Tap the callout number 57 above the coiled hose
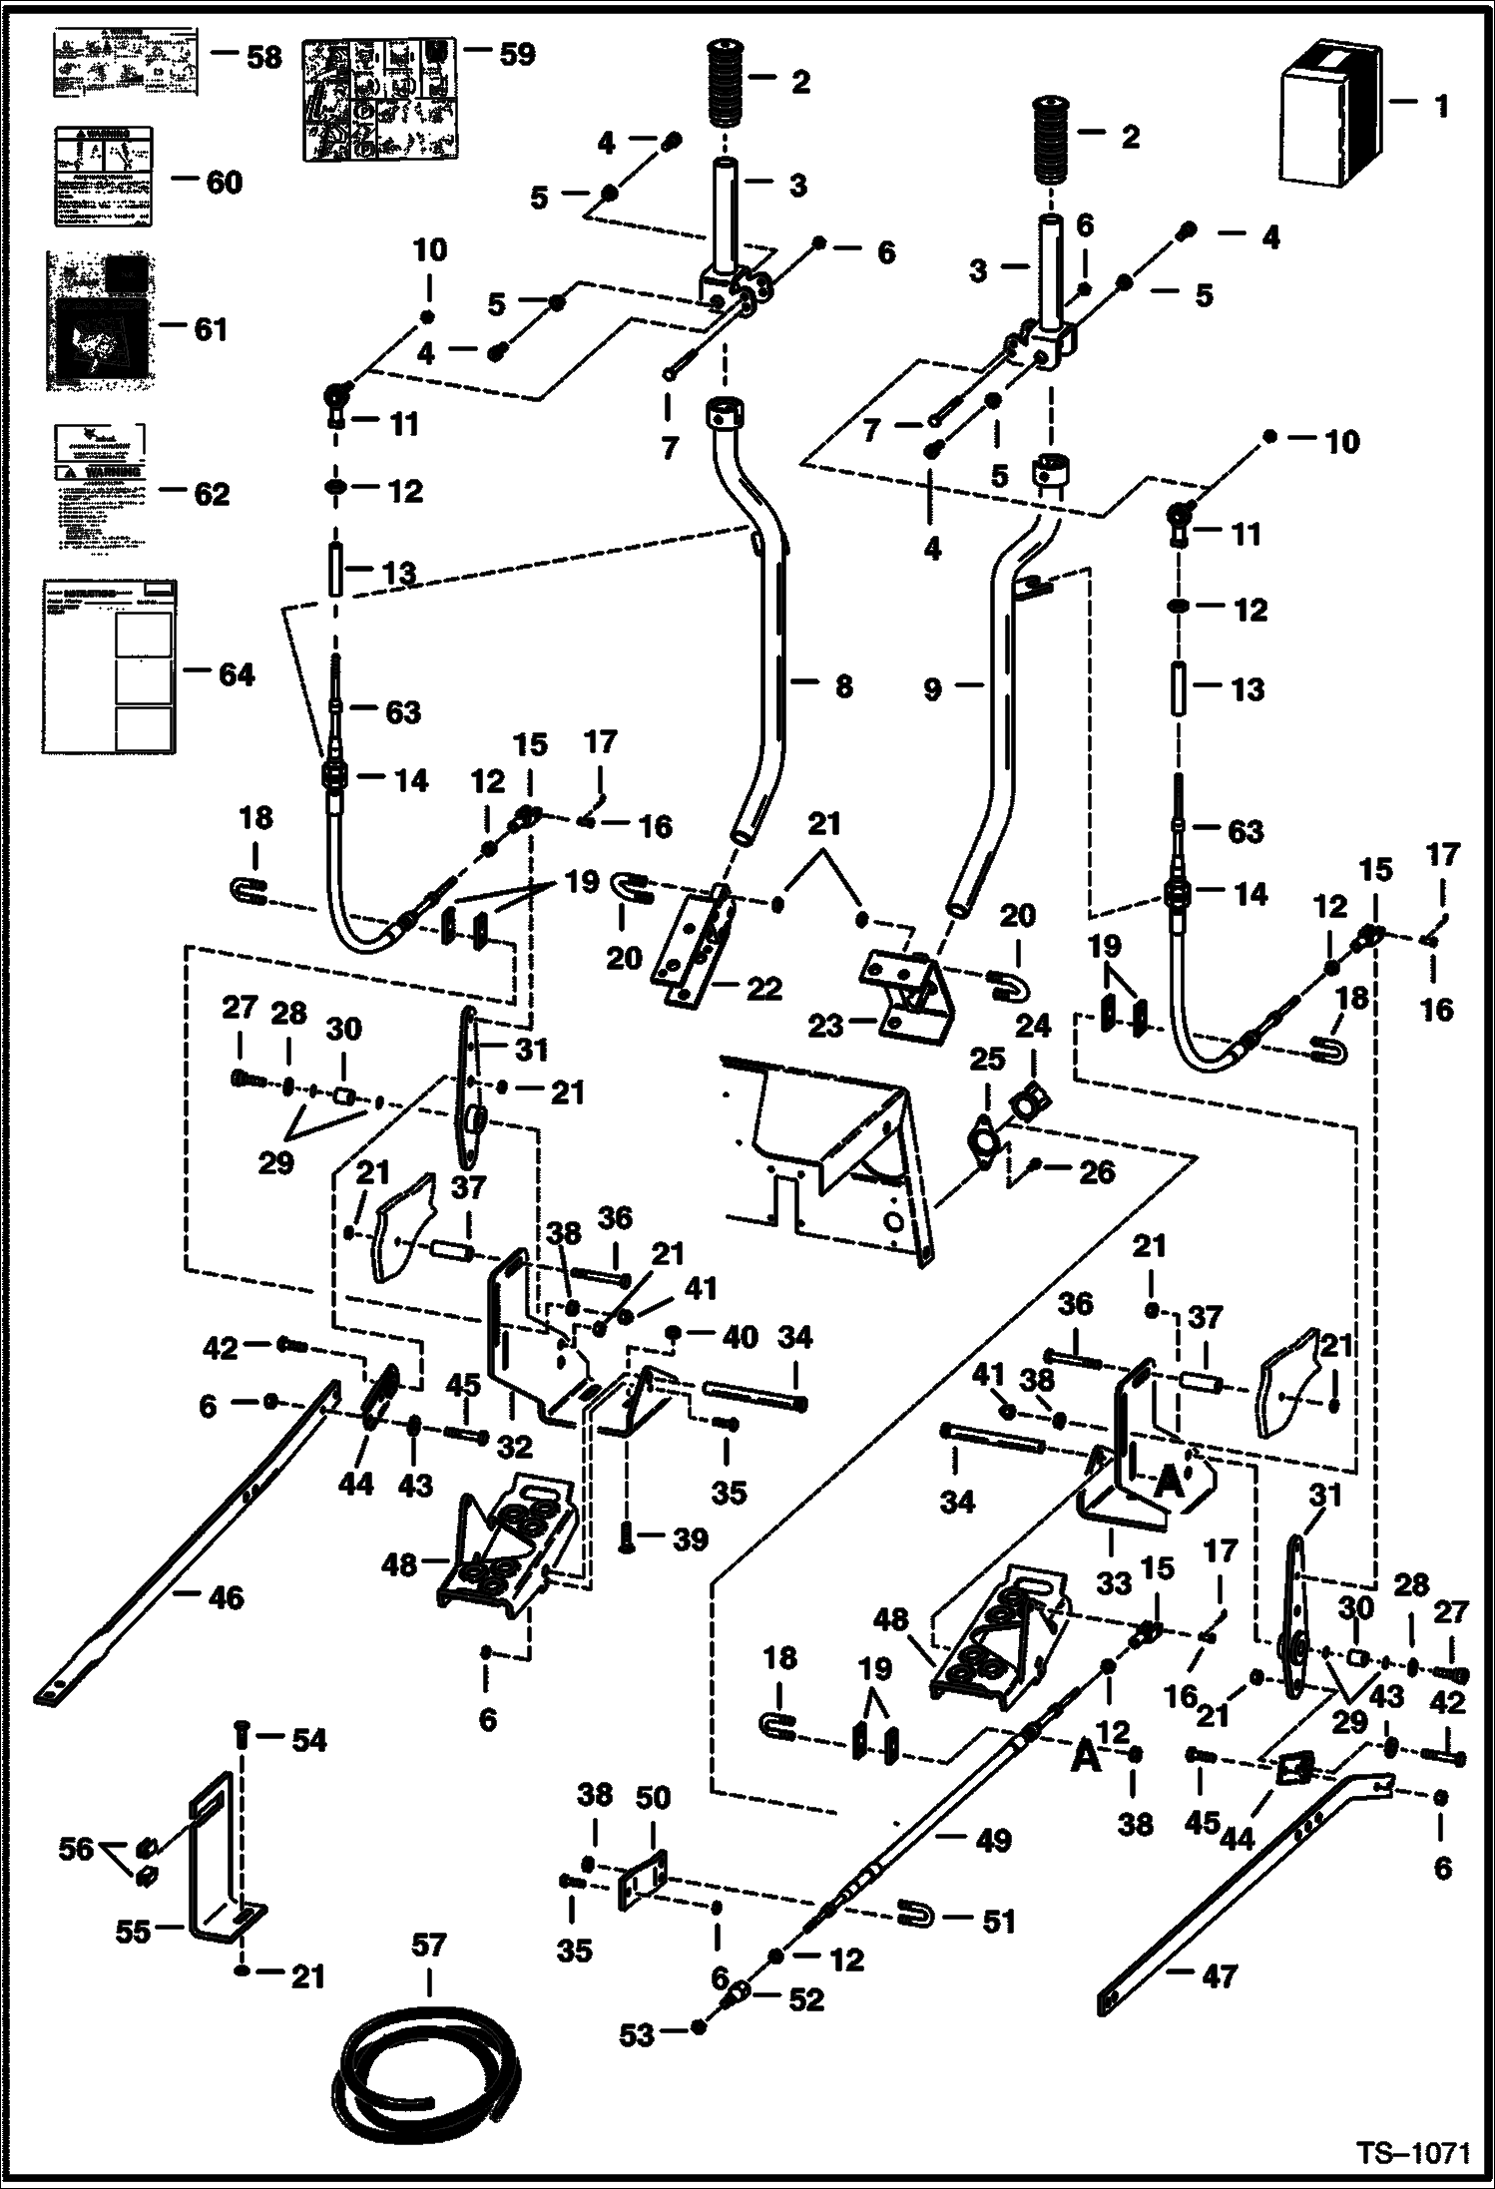click(x=430, y=1945)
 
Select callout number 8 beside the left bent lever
click(x=843, y=686)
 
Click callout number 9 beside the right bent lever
click(x=932, y=688)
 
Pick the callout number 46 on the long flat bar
click(x=227, y=1597)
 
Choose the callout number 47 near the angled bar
click(x=1220, y=1975)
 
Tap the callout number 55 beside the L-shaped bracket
click(x=133, y=1931)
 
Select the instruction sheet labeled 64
click(x=108, y=665)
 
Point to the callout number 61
click(x=210, y=328)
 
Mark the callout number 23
click(x=825, y=1026)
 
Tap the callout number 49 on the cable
click(x=992, y=1840)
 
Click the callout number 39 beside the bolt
click(x=691, y=1539)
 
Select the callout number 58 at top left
click(x=263, y=57)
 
